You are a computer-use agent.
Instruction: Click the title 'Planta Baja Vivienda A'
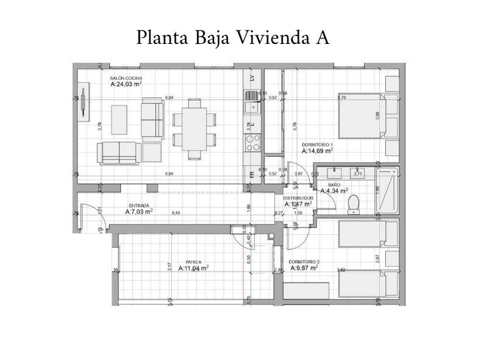pos(233,37)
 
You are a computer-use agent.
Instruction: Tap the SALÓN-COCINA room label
pos(126,79)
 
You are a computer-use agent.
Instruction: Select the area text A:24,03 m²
pos(126,85)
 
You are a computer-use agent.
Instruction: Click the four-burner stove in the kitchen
pos(252,143)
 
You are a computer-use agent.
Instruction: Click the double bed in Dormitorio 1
pos(362,117)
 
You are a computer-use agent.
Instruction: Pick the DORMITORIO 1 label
pos(318,145)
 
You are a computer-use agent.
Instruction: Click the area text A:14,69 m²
pos(318,151)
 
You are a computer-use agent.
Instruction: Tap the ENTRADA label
pos(139,206)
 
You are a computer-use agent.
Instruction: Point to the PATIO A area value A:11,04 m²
pos(193,268)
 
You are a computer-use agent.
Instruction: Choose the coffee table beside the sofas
pos(119,120)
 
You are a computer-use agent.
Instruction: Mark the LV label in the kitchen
pos(252,79)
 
